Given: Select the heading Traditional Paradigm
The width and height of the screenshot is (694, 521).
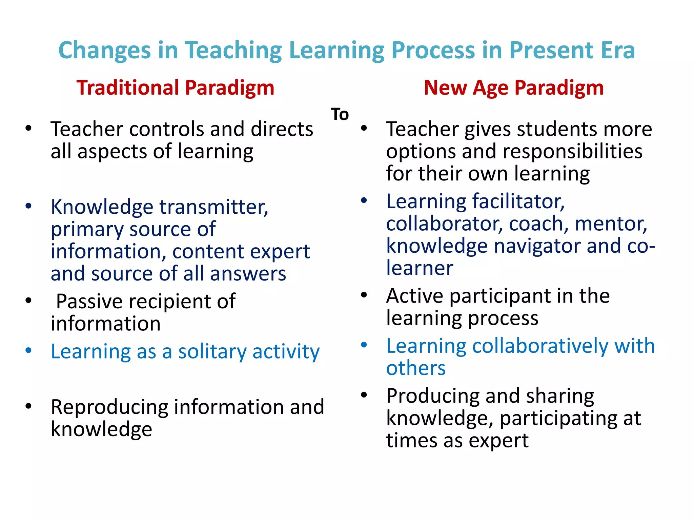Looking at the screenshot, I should [x=175, y=88].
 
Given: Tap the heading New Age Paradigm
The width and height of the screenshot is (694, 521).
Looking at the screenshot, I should [x=513, y=88].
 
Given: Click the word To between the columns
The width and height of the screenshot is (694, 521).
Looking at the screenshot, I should [x=340, y=114].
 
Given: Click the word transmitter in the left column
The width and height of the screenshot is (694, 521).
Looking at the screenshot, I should [x=214, y=207].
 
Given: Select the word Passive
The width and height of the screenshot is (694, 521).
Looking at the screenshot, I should [x=89, y=302].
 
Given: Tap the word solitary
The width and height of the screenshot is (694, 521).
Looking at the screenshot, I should [x=212, y=352].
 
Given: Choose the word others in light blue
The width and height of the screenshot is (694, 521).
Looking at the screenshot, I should [x=416, y=368].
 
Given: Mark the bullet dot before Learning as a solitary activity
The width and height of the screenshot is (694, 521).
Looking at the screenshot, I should [x=28, y=350].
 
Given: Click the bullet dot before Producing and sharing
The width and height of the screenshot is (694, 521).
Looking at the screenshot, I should [x=364, y=395].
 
